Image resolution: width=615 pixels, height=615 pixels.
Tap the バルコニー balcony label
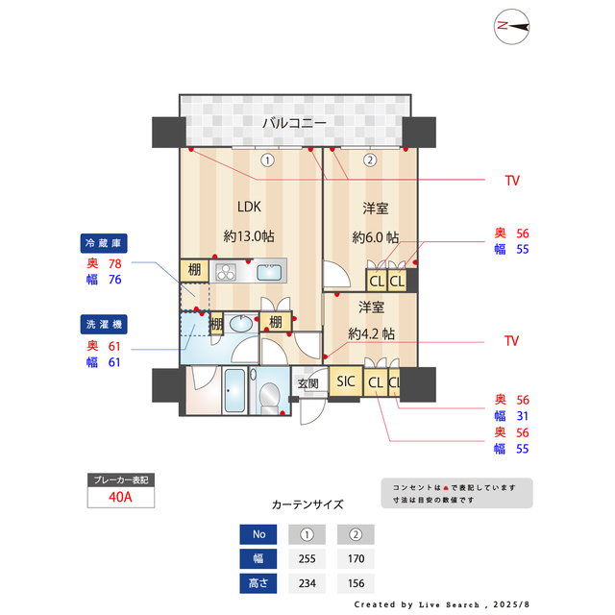pyautogui.click(x=294, y=123)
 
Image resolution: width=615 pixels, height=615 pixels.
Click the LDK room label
pyautogui.click(x=249, y=206)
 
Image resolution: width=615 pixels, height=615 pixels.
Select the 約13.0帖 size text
pyautogui.click(x=249, y=236)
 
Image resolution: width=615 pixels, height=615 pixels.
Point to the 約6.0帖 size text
pyautogui.click(x=375, y=237)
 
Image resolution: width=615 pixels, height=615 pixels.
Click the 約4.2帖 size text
pyautogui.click(x=371, y=333)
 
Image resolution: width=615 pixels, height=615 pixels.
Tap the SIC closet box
pyautogui.click(x=345, y=381)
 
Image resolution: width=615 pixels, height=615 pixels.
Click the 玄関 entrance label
pyautogui.click(x=307, y=384)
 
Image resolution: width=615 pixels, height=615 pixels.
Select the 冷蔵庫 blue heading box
pyautogui.click(x=105, y=243)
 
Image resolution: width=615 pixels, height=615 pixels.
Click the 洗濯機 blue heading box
pyautogui.click(x=105, y=323)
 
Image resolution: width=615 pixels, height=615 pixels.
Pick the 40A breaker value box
pyautogui.click(x=120, y=498)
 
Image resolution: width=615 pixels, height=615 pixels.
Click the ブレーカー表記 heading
pyautogui.click(x=120, y=480)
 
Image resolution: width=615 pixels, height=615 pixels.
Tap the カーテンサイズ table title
pyautogui.click(x=307, y=504)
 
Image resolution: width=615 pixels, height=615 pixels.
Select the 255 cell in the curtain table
pyautogui.click(x=307, y=559)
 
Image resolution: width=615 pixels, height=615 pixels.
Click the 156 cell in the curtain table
pyautogui.click(x=356, y=582)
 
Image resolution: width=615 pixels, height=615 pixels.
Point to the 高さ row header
pyautogui.click(x=257, y=582)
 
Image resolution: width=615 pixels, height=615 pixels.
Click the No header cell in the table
pyautogui.click(x=257, y=534)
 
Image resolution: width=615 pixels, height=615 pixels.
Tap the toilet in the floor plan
pyautogui.click(x=270, y=395)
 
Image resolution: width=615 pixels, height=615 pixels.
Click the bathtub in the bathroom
pyautogui.click(x=234, y=392)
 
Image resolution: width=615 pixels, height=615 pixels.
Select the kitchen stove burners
pyautogui.click(x=226, y=271)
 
